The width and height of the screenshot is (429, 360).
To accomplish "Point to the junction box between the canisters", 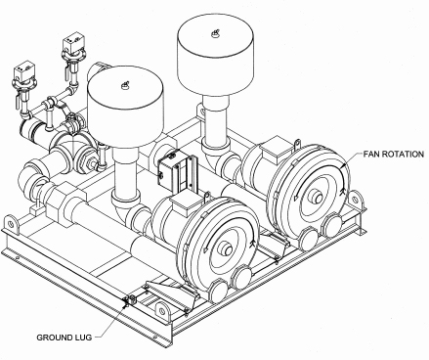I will click(x=171, y=172).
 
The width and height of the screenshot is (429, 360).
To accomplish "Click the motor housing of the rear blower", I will click(x=266, y=164).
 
